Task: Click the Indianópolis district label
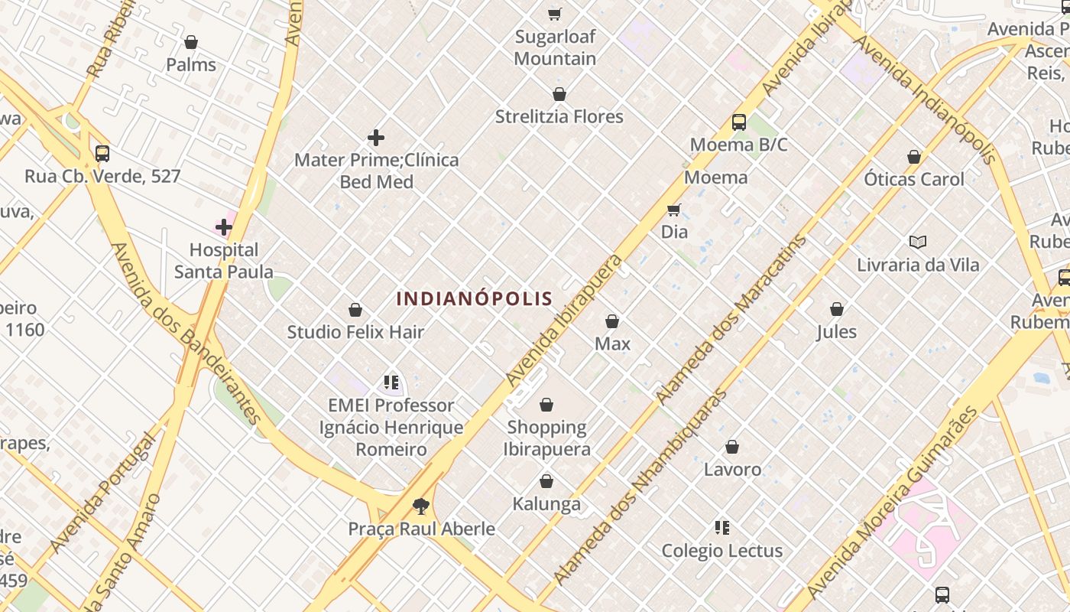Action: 474,298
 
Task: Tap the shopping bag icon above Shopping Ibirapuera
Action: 546,405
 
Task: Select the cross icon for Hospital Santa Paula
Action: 223,227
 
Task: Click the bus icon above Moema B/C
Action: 738,122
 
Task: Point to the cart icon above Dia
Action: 673,210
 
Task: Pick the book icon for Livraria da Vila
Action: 917,243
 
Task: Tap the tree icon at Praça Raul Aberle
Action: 420,506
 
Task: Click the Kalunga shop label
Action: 546,504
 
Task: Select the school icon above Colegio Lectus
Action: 721,528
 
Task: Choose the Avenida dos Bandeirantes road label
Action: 186,332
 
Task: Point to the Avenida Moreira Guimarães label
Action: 892,503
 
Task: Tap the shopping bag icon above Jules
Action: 837,310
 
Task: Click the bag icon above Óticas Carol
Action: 913,158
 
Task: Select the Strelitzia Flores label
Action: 559,117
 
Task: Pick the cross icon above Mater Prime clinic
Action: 376,138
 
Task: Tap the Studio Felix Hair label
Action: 355,332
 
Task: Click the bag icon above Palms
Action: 191,42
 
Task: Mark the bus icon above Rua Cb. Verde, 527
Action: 102,154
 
